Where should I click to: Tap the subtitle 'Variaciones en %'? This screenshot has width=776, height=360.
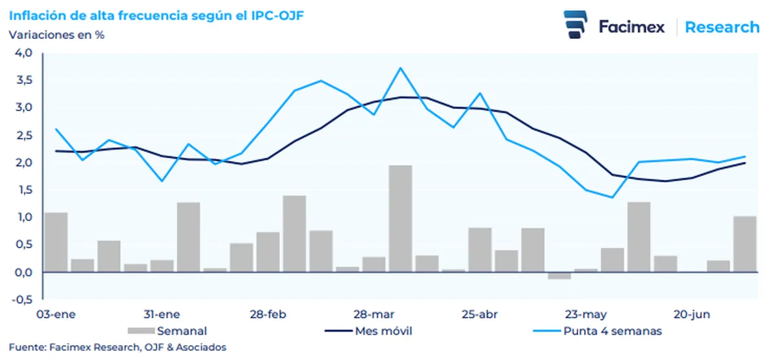pyautogui.click(x=56, y=35)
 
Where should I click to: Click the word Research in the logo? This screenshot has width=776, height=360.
pyautogui.click(x=722, y=27)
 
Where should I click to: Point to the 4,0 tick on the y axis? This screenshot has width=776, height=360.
pyautogui.click(x=23, y=53)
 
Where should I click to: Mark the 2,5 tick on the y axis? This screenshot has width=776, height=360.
pyautogui.click(x=23, y=135)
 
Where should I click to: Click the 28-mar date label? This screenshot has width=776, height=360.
pyautogui.click(x=373, y=315)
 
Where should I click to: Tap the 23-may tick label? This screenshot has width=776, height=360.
pyautogui.click(x=586, y=315)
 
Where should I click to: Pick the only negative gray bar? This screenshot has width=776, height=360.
pyautogui.click(x=559, y=275)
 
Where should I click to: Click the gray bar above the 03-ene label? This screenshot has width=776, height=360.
pyautogui.click(x=56, y=242)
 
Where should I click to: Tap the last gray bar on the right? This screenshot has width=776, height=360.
pyautogui.click(x=744, y=244)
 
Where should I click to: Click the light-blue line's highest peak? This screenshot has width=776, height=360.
pyautogui.click(x=401, y=68)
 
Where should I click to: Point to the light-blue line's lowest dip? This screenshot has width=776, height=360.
pyautogui.click(x=612, y=197)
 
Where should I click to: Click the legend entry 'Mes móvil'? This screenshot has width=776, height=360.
pyautogui.click(x=383, y=332)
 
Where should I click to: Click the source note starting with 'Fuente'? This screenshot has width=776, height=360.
pyautogui.click(x=118, y=348)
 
